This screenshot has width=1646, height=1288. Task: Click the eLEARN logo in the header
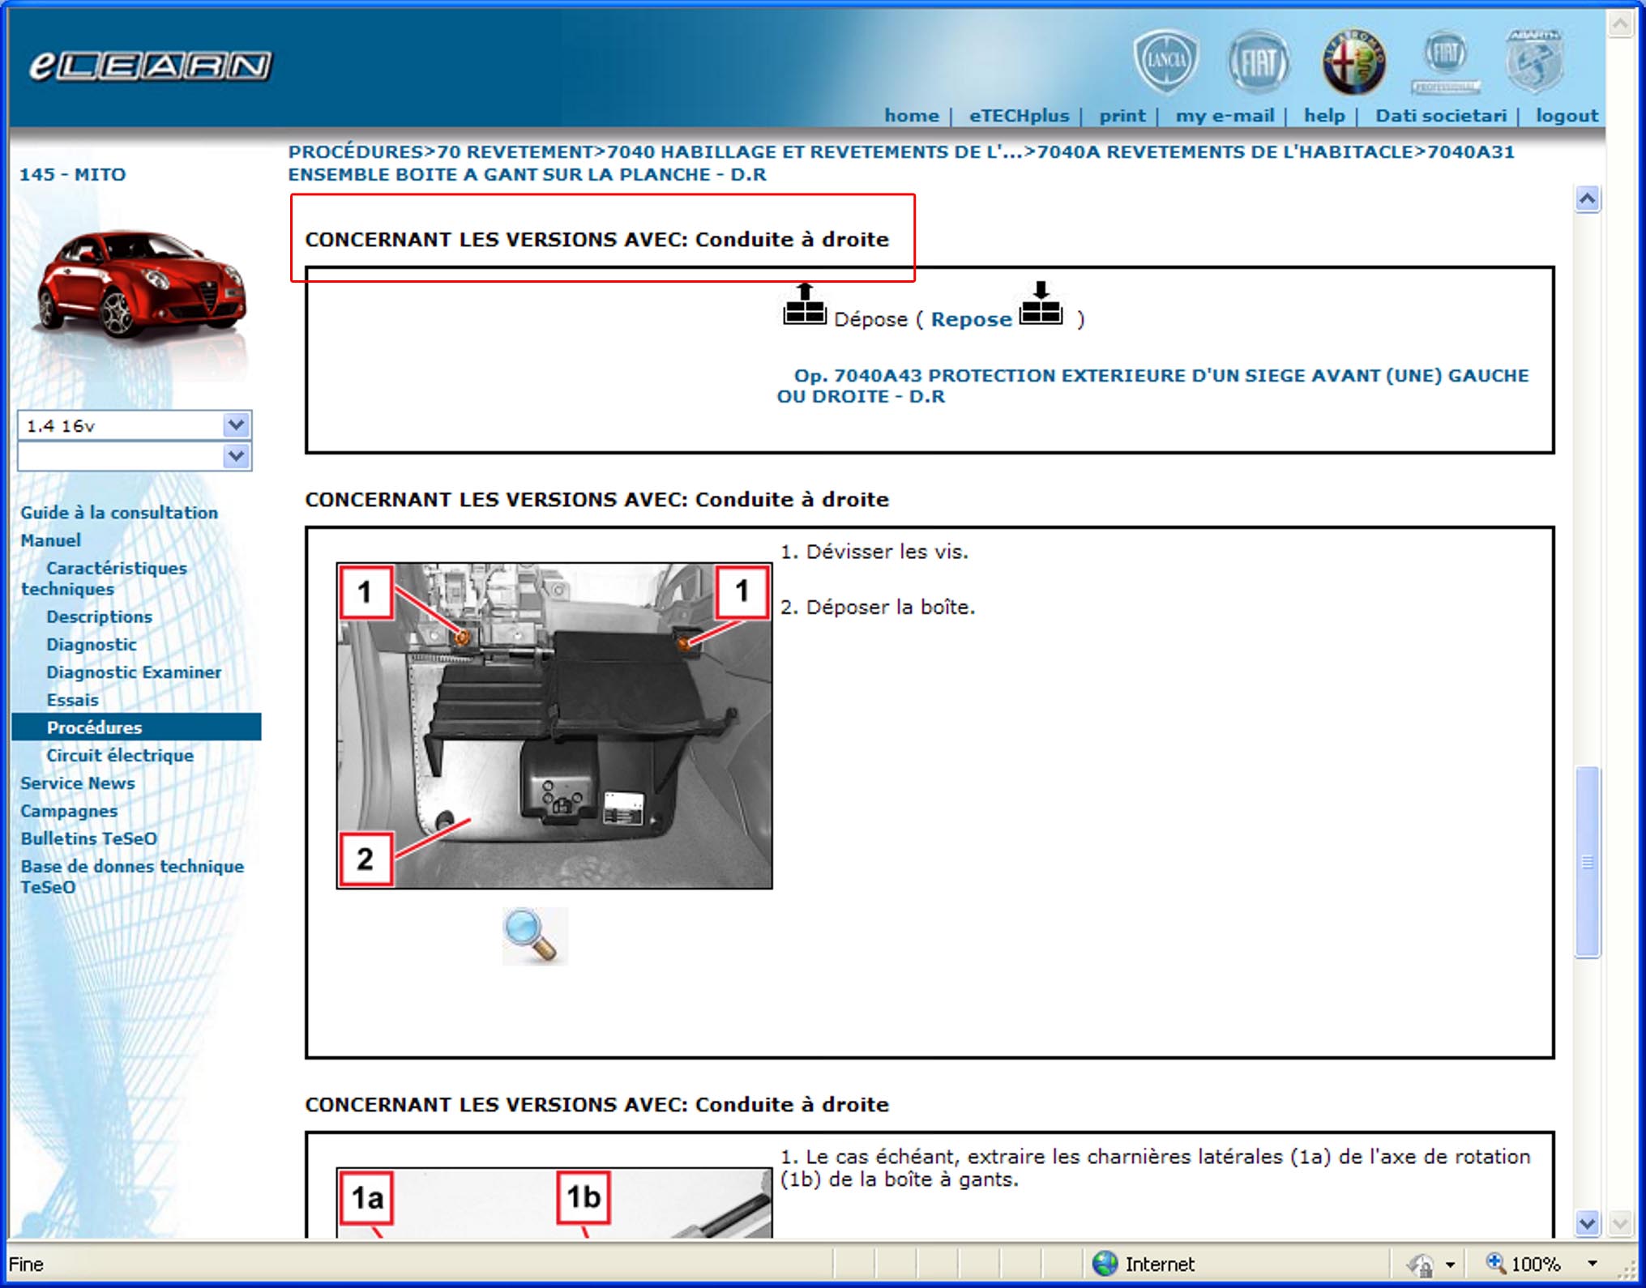click(151, 66)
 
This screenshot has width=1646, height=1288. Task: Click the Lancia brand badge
click(1165, 61)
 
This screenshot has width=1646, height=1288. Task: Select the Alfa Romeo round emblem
click(1353, 62)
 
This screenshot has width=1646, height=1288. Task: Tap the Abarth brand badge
click(1533, 62)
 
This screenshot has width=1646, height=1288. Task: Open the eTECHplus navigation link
click(1019, 116)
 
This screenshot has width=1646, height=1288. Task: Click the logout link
click(1567, 116)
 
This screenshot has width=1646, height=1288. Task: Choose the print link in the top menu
click(1122, 116)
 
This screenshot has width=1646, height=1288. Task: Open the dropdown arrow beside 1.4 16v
click(236, 424)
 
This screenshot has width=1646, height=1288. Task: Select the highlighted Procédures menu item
click(94, 727)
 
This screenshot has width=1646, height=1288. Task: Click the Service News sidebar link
click(78, 783)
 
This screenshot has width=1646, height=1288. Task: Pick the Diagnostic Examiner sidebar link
click(134, 672)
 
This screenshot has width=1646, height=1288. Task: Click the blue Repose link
click(971, 319)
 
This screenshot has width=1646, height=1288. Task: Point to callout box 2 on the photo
click(366, 859)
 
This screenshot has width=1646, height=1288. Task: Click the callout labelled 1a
click(366, 1196)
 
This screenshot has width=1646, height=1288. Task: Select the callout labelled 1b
click(584, 1196)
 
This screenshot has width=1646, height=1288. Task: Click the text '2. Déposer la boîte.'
click(878, 608)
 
